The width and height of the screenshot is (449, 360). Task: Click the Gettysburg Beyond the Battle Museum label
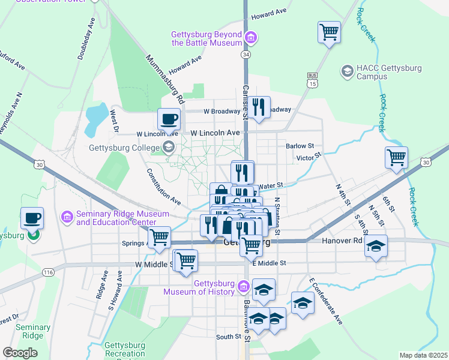206,38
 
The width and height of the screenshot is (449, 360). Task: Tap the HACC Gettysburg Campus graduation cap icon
347,71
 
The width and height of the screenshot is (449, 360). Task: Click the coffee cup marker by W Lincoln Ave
169,118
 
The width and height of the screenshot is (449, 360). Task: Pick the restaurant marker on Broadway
259,108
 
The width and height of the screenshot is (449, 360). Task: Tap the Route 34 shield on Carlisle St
246,55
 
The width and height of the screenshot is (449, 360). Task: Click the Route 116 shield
49,272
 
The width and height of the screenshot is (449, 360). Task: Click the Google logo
20,353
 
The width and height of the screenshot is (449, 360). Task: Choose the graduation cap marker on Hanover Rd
376,245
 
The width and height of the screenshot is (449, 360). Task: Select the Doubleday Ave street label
86,38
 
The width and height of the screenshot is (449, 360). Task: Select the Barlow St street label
300,146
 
